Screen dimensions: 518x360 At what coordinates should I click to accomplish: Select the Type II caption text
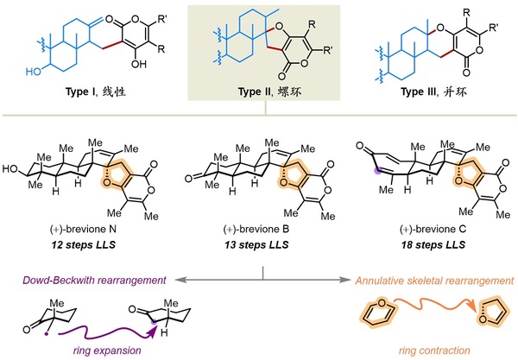tap(269, 92)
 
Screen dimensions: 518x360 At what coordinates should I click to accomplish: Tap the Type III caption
tap(433, 92)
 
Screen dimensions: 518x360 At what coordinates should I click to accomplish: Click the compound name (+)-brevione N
tap(83, 230)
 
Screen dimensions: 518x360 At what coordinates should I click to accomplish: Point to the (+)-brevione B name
tap(256, 230)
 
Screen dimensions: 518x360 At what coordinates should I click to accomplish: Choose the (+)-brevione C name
tap(433, 230)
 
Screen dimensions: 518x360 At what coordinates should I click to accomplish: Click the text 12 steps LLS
tap(83, 244)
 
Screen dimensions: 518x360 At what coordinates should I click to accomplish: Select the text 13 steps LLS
tap(256, 244)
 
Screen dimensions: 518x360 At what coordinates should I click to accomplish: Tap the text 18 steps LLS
tap(433, 244)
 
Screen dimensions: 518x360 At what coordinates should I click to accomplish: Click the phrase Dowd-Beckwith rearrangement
tap(94, 280)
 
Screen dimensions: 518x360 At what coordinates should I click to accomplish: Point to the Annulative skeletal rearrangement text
tap(434, 281)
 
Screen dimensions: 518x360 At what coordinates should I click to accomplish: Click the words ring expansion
tap(107, 351)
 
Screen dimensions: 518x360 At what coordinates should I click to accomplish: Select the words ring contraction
tap(434, 351)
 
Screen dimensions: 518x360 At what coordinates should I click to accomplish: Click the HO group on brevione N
tap(10, 169)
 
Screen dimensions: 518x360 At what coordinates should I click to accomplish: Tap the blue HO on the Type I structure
tap(34, 72)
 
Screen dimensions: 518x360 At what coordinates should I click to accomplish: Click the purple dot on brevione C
tap(376, 170)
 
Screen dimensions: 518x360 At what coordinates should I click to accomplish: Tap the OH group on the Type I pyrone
tap(139, 63)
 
